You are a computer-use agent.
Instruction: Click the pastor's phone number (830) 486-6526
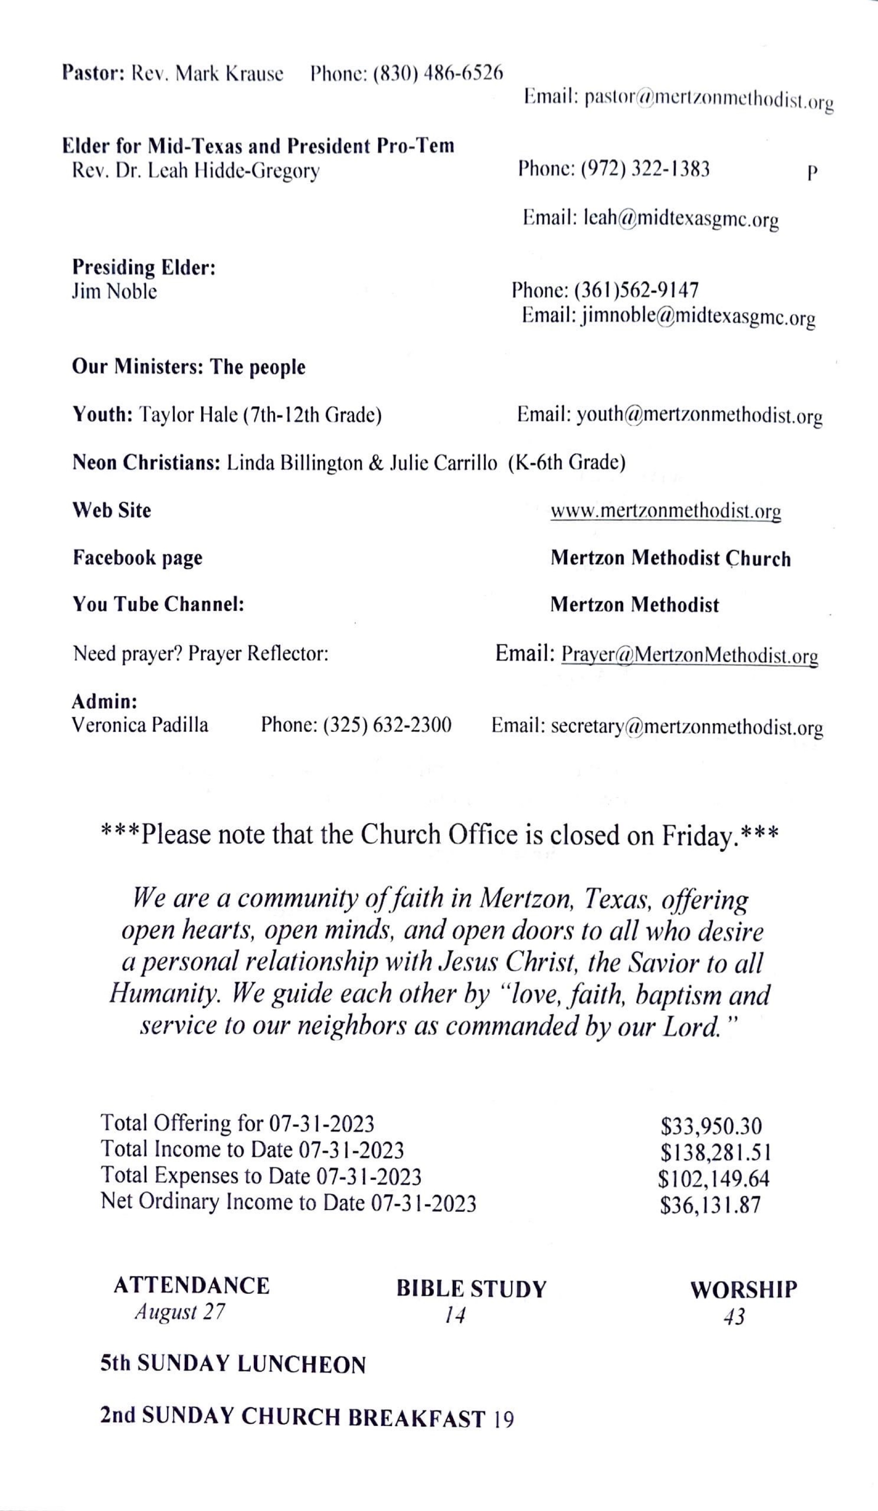[x=438, y=74]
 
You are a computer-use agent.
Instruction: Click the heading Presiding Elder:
[x=144, y=267]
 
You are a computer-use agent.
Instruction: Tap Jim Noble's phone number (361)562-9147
[x=636, y=291]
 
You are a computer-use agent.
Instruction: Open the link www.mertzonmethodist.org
[x=666, y=512]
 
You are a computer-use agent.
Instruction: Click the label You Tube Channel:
[x=158, y=604]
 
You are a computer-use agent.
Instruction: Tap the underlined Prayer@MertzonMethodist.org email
[x=690, y=655]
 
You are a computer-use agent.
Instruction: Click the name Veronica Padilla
[x=140, y=726]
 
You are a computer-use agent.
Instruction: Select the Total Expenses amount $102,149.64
[x=714, y=1179]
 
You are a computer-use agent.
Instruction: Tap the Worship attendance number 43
[x=734, y=1317]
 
